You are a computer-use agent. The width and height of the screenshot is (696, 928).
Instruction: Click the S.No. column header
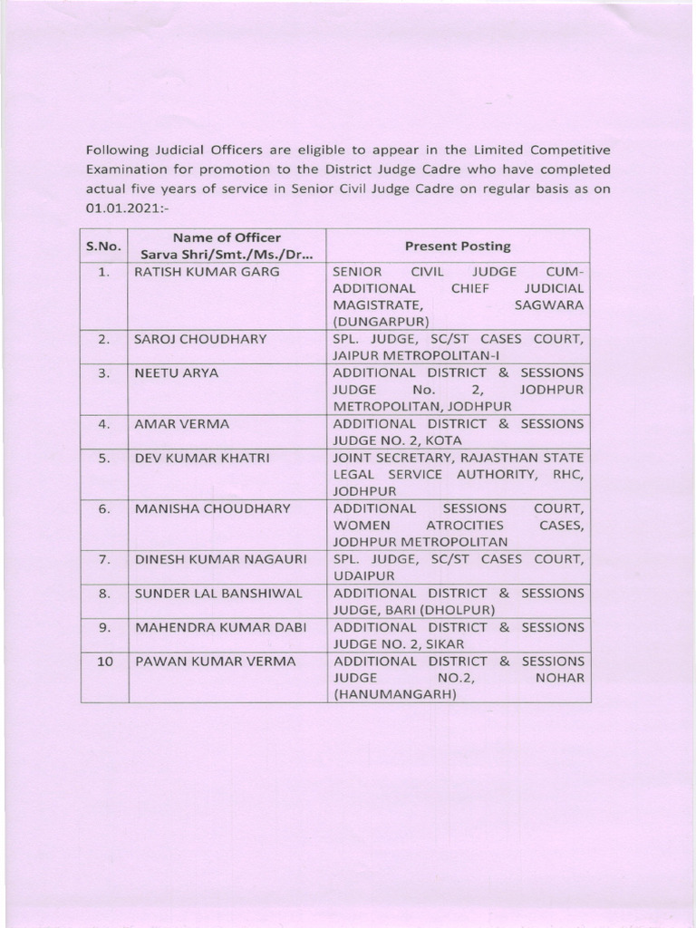coord(103,246)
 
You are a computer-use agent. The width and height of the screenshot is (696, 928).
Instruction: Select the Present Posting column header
coord(458,246)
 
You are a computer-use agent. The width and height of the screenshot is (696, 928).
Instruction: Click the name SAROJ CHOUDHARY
coord(200,339)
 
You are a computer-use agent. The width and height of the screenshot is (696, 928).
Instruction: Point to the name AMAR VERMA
coord(182,423)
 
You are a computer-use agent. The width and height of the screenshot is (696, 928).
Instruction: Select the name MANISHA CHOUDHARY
coord(213,508)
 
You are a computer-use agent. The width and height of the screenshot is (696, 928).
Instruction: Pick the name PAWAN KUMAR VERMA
coord(215,662)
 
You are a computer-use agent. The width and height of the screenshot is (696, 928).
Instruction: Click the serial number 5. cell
coord(104,458)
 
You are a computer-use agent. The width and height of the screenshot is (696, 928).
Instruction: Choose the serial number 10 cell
coord(104,662)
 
